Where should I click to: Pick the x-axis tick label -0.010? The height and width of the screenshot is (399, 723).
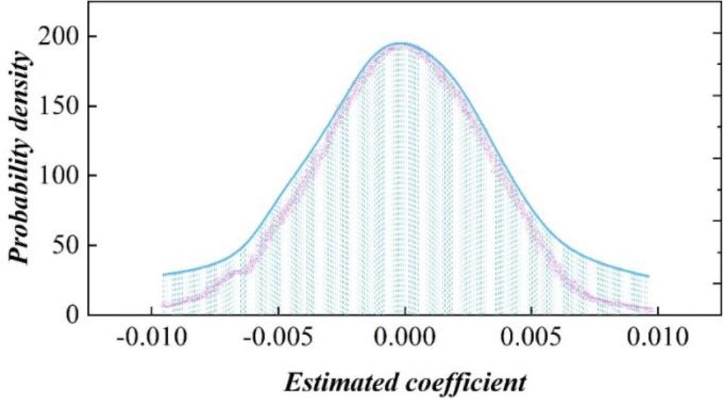pos(151,338)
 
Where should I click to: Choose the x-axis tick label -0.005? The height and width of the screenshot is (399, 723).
pos(278,338)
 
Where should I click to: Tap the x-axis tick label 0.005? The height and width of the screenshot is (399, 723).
pos(533,338)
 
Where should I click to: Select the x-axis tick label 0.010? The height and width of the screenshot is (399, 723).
pos(660,338)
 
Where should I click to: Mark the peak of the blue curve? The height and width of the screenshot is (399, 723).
pos(403,44)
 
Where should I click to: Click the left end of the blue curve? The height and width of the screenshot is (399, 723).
pos(163,274)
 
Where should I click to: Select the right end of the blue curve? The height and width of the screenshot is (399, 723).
pos(648,276)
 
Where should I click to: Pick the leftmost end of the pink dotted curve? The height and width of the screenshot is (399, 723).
pos(164,305)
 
